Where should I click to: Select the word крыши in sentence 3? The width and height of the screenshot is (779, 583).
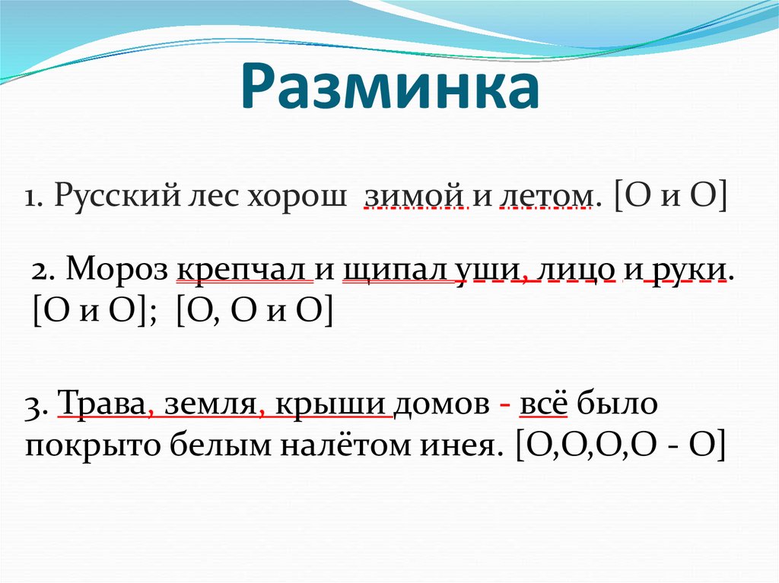pos(334,405)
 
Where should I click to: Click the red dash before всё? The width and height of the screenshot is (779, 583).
pos(504,405)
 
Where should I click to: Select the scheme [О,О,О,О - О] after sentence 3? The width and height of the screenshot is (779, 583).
pos(620,446)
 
